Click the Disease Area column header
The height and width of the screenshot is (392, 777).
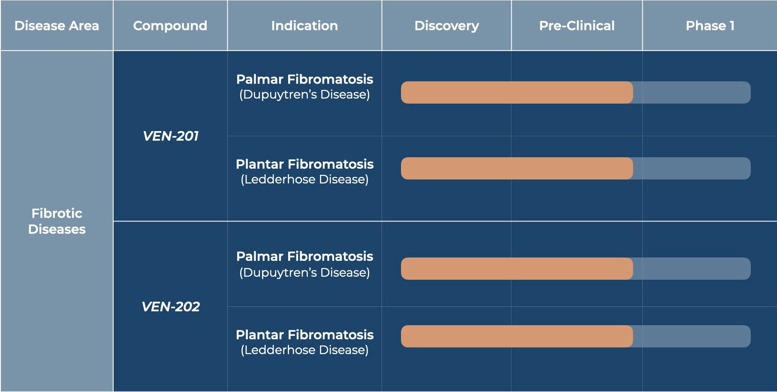[x=57, y=26]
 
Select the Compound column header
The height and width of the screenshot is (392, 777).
[x=170, y=26]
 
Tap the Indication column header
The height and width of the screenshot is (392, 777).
[x=304, y=26]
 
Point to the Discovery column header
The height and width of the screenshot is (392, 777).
[x=446, y=26]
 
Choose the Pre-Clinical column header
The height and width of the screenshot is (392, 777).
[x=577, y=26]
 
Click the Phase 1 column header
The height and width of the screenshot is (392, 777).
[x=710, y=26]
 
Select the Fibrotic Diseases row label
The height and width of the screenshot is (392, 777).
[x=57, y=221]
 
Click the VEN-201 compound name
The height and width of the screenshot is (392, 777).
[x=170, y=136]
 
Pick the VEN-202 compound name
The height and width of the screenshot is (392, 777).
[x=170, y=306]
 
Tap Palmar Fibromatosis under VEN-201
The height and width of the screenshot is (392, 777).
[x=304, y=79]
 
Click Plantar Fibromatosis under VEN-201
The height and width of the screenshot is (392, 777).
[x=304, y=164]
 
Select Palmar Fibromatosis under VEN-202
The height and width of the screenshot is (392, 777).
[x=304, y=256]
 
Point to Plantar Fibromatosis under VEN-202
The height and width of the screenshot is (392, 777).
[x=304, y=335]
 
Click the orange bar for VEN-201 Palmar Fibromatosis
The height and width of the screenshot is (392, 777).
[x=517, y=93]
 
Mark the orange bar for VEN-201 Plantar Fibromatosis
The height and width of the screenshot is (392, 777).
[x=517, y=168]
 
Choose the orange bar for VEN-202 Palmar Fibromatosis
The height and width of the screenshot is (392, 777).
[x=517, y=269]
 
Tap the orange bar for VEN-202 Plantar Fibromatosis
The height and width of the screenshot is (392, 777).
[x=517, y=336]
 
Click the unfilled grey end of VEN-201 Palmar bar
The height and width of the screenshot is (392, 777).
[x=692, y=93]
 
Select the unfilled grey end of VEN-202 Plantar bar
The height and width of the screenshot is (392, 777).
[x=692, y=336]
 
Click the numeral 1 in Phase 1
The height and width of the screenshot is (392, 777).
[x=732, y=26]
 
